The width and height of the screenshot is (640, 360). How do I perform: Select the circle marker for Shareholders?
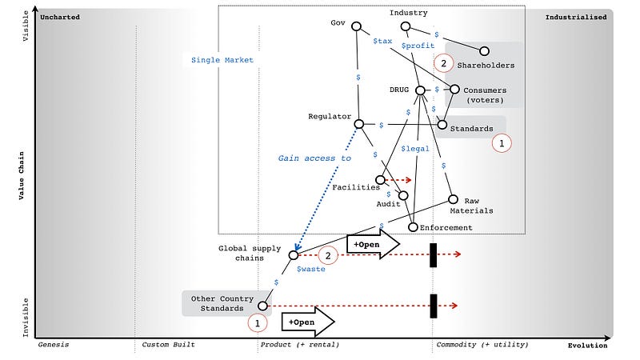[x=485, y=50]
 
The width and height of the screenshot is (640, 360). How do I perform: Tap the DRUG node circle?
[x=421, y=90]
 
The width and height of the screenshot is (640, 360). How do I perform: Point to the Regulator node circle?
[x=360, y=124]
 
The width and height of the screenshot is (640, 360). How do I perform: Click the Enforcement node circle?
[x=413, y=227]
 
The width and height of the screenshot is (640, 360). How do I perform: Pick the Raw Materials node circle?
[x=453, y=199]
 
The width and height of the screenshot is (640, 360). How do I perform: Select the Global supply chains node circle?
[x=294, y=254]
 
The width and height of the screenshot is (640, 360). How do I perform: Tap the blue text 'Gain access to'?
[x=314, y=158]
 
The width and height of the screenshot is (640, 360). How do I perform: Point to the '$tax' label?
[x=382, y=40]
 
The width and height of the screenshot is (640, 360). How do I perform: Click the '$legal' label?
[x=415, y=149]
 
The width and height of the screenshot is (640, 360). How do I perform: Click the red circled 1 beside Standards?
[x=502, y=143]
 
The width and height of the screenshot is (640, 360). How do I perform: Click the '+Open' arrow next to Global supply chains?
[x=372, y=244]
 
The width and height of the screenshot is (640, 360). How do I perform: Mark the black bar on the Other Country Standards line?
[x=433, y=305]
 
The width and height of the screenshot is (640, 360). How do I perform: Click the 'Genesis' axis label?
[x=54, y=346]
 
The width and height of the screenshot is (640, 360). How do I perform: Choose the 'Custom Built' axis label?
[x=168, y=346]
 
